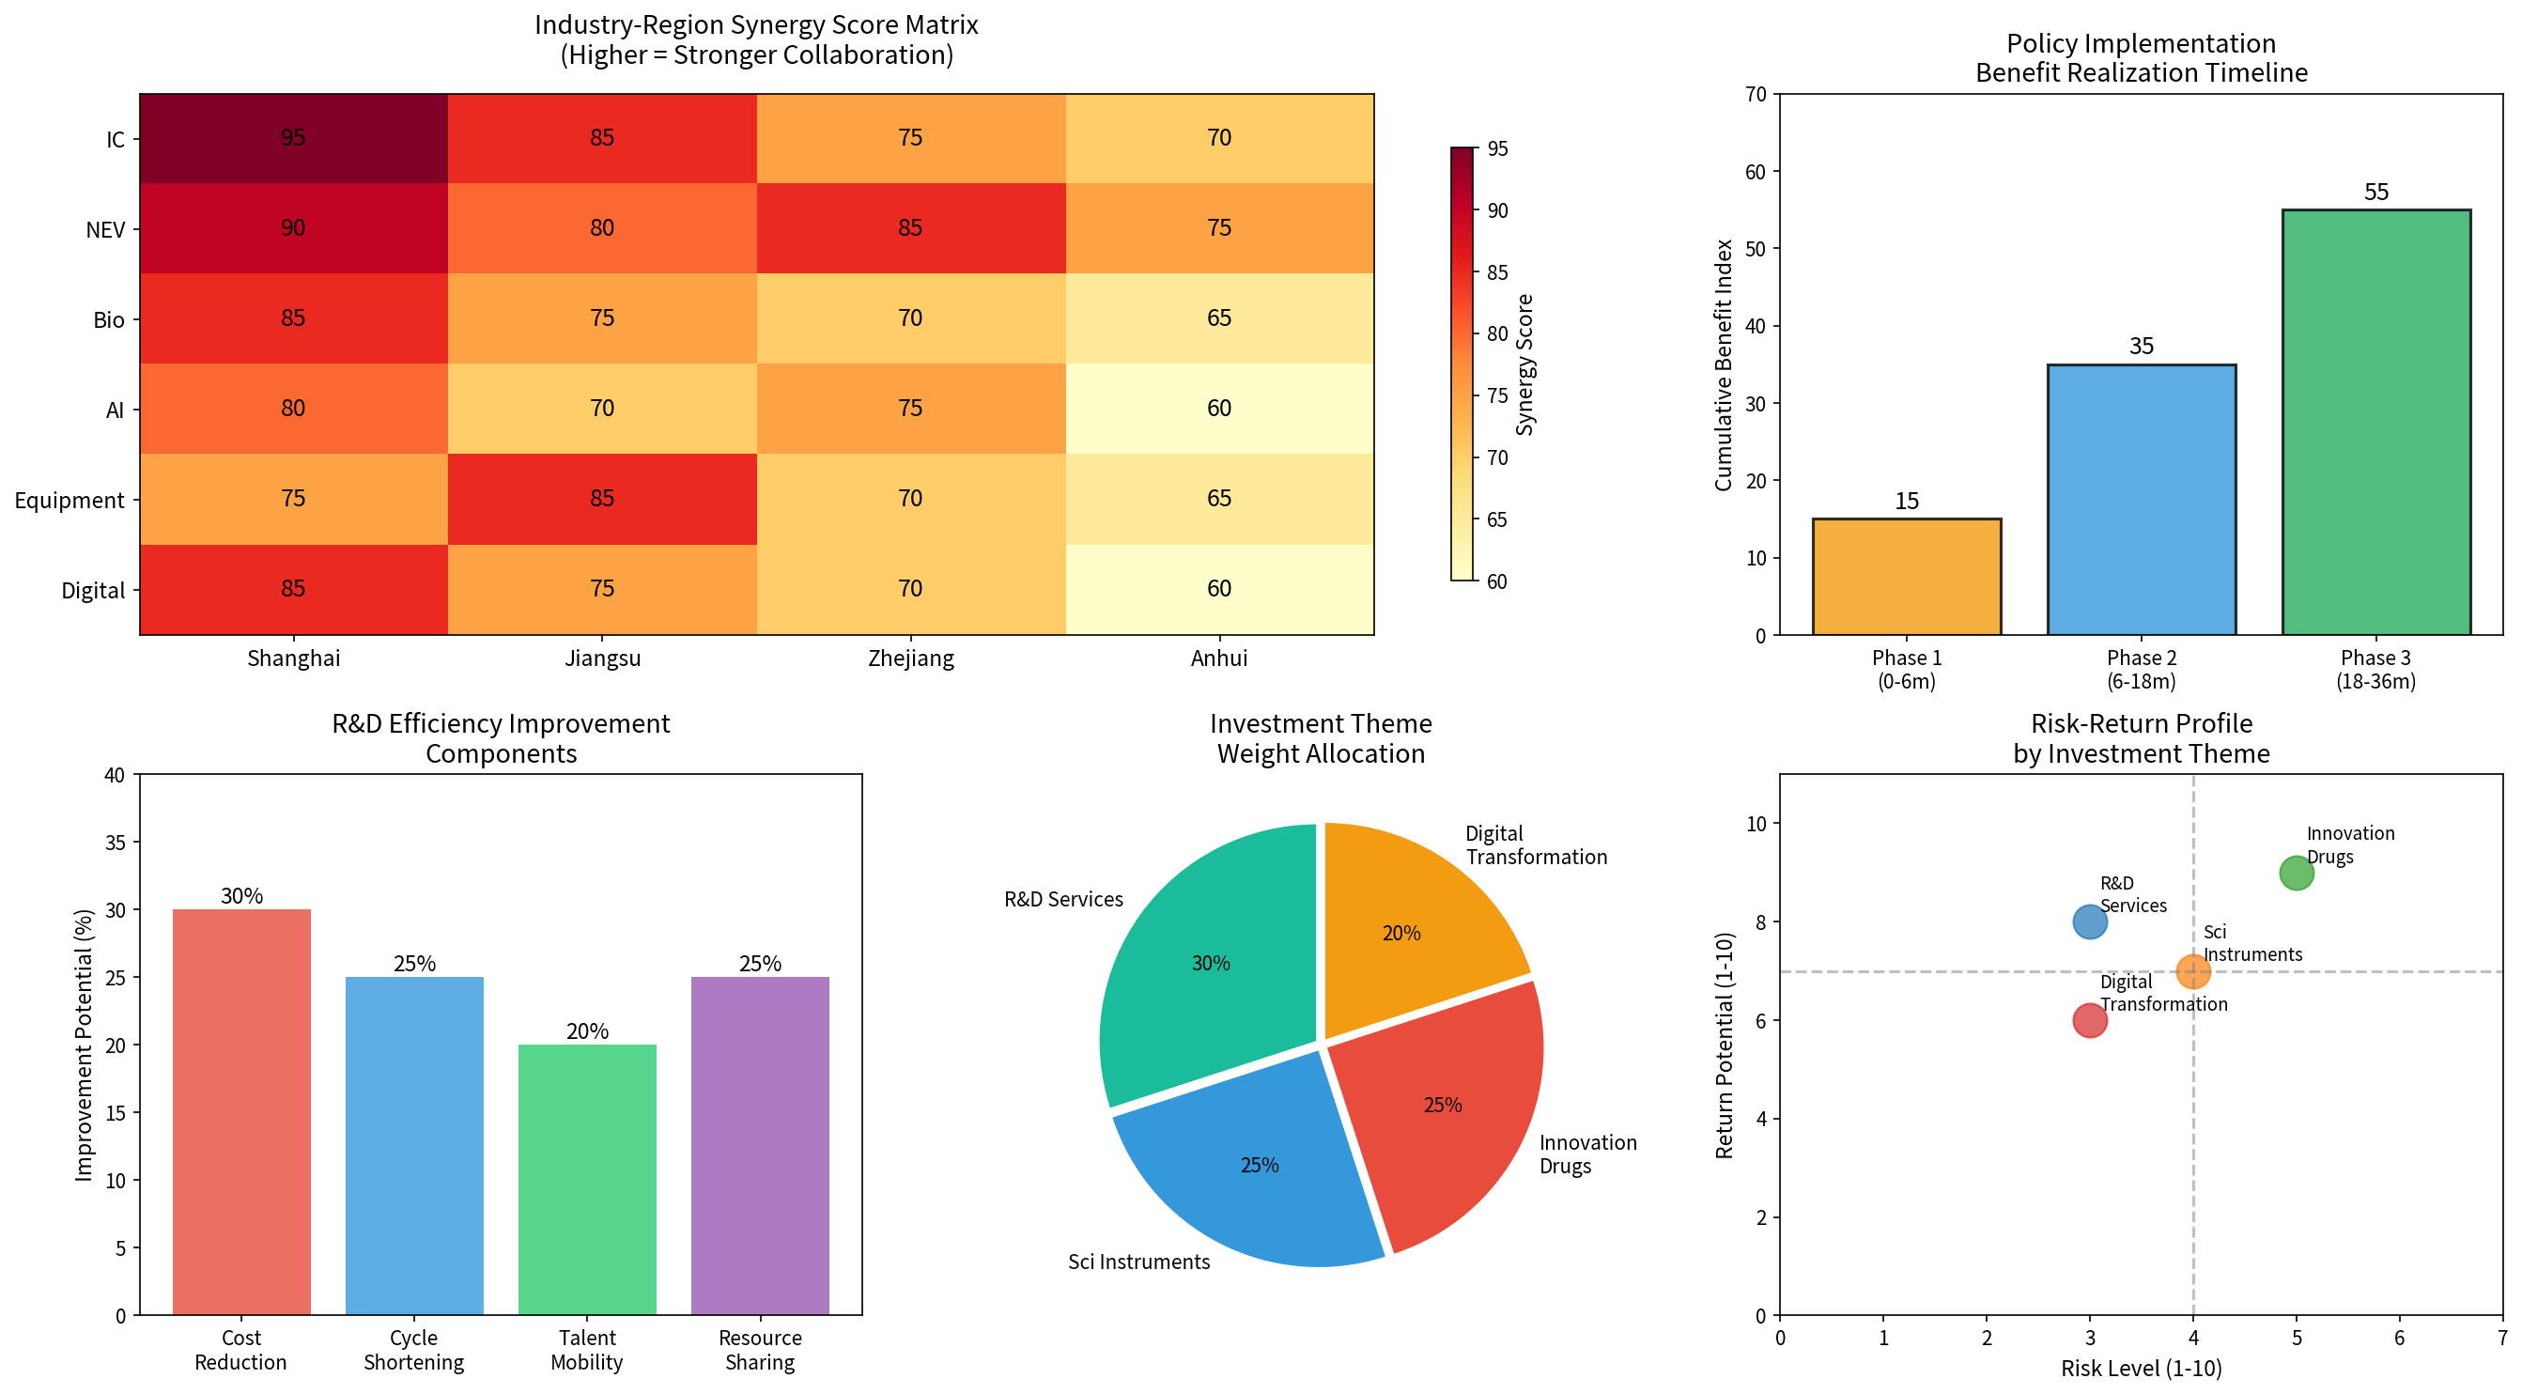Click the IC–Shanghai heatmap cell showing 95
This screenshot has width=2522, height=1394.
(294, 138)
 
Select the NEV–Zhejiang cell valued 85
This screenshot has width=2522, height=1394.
(910, 228)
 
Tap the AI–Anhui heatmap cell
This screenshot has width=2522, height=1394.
(1219, 409)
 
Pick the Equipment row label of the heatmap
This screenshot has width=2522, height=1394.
(70, 501)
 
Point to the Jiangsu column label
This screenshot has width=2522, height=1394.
(602, 658)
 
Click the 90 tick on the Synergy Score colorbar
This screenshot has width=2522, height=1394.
(1497, 210)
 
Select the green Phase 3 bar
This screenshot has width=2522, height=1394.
(2376, 422)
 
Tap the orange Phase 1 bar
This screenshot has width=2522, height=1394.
(1906, 577)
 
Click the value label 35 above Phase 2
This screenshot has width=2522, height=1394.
(2142, 346)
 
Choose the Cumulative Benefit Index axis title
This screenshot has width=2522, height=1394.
(1723, 365)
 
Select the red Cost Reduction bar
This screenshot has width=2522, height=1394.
(240, 1111)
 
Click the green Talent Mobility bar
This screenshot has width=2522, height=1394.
(586, 1179)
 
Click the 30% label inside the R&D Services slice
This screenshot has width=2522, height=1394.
(1210, 963)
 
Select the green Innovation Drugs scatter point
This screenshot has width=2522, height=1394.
(2296, 874)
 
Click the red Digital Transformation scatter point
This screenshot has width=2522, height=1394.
(2089, 1021)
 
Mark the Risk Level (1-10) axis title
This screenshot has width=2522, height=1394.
(2142, 1368)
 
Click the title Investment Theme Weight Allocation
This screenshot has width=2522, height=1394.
(1321, 738)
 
